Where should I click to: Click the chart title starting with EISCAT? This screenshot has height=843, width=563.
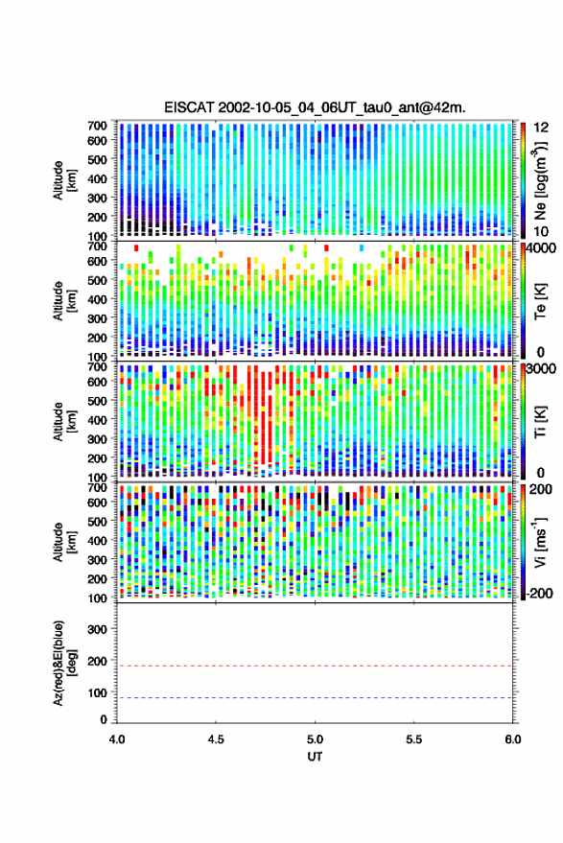click(x=315, y=107)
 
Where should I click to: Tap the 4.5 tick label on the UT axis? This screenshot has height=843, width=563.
click(x=216, y=739)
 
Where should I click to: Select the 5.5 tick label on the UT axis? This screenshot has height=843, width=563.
click(x=413, y=739)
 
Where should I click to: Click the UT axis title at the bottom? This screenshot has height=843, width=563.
click(x=315, y=756)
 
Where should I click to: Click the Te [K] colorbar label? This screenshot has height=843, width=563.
click(x=540, y=301)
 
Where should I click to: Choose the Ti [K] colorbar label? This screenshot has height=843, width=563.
click(x=540, y=422)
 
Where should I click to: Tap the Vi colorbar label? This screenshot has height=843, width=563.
click(x=541, y=542)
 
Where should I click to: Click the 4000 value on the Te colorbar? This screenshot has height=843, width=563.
click(x=542, y=249)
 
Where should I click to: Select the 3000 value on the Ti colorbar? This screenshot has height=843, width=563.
click(x=542, y=369)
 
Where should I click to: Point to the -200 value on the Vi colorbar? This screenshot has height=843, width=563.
click(x=538, y=593)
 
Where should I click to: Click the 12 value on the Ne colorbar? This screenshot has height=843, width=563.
click(x=542, y=128)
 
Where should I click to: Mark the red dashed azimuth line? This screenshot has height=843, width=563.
click(x=315, y=666)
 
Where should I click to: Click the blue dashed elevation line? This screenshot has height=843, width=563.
click(x=315, y=698)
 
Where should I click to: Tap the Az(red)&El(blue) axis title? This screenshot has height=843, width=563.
click(x=63, y=663)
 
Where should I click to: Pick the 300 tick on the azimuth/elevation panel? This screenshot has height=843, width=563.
click(x=97, y=629)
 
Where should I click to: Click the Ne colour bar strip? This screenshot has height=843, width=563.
click(x=523, y=180)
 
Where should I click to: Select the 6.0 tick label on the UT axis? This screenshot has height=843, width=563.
click(x=512, y=739)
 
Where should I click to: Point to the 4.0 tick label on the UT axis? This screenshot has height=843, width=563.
click(x=117, y=739)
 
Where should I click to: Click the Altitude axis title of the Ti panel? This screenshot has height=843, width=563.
click(x=63, y=422)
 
